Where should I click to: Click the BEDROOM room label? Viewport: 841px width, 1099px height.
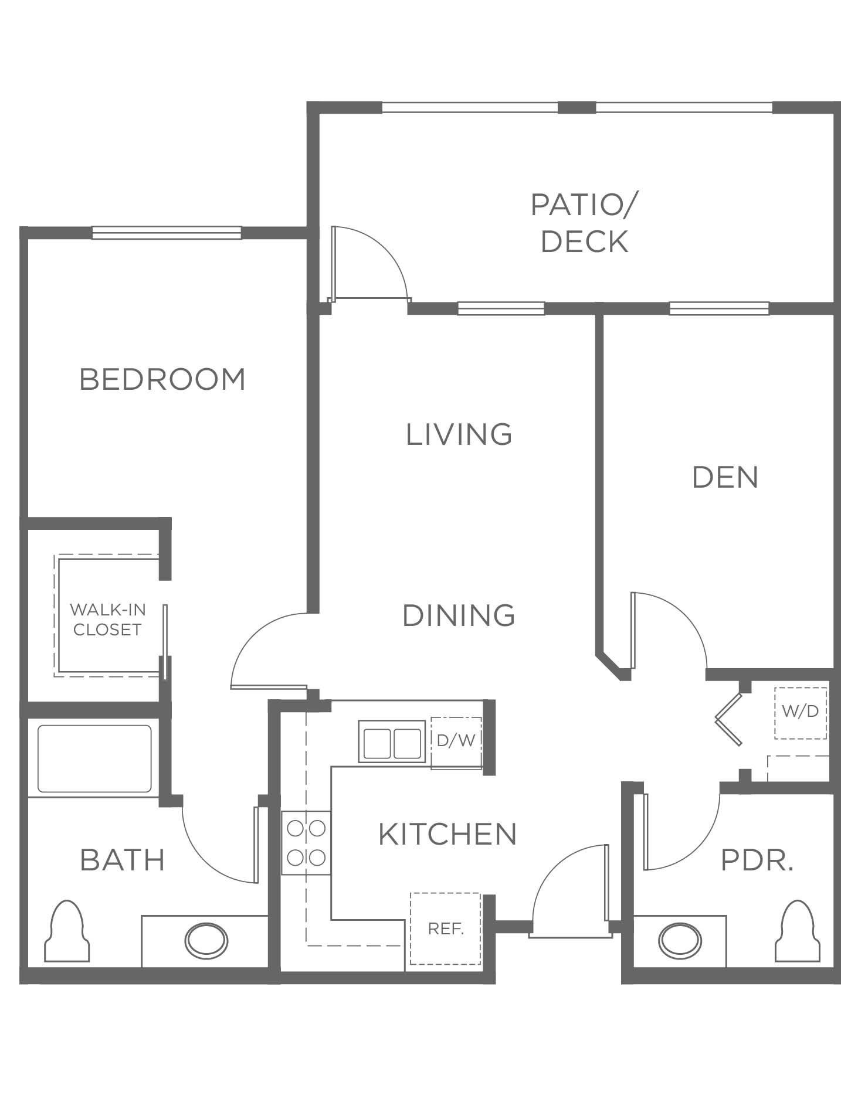pos(162,379)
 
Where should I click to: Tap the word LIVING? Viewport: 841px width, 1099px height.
pos(459,434)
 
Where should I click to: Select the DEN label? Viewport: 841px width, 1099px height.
pos(725,477)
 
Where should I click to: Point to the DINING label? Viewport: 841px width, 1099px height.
pos(459,615)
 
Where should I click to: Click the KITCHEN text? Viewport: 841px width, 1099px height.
pos(447,834)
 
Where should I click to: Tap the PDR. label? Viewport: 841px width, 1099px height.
pos(757,860)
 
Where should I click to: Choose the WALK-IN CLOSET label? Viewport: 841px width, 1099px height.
pos(107,620)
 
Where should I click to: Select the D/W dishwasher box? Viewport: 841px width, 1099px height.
pos(456,742)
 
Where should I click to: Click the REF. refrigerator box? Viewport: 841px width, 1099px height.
pos(446,928)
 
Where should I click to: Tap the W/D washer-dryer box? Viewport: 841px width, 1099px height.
pos(801,713)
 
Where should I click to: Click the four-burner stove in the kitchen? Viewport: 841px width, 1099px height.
pos(306,843)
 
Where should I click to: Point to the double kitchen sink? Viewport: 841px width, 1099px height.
pos(392,742)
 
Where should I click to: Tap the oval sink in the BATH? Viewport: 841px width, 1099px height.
pos(206,941)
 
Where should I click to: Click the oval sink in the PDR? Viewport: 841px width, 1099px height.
pos(680,941)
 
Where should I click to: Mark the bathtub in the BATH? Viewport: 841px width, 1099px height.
pos(94,760)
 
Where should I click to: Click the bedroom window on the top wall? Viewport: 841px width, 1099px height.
pos(167,233)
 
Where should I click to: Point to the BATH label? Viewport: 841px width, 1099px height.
pos(123,860)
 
